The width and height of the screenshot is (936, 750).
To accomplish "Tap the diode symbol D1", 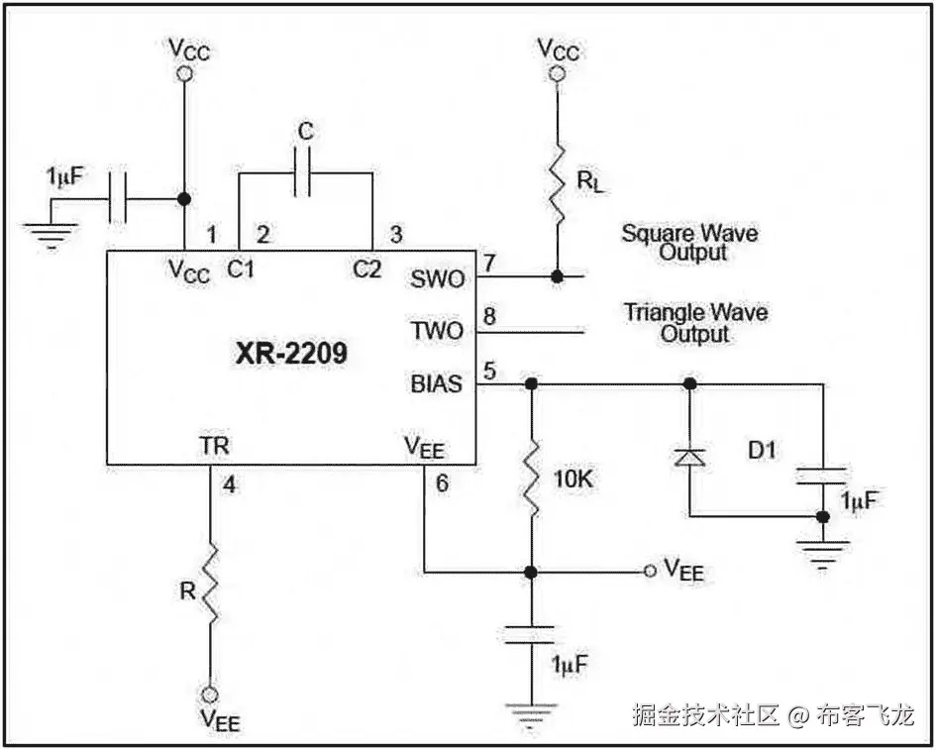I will coord(689,456).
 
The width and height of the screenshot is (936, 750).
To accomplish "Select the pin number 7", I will coord(488,263).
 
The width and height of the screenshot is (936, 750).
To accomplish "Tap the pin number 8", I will coord(488,318).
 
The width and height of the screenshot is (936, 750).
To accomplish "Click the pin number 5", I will coord(488,370).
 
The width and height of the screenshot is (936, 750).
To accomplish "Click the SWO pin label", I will coord(437,279).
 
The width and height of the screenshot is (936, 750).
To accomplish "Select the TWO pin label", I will coord(437,331).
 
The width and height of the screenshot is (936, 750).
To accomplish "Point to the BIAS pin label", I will coord(436,383).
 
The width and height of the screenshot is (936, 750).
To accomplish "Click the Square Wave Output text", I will coord(690,243).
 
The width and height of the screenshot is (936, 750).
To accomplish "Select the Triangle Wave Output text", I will coord(695,323).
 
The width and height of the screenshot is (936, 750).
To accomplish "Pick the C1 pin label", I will coord(241,268).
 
